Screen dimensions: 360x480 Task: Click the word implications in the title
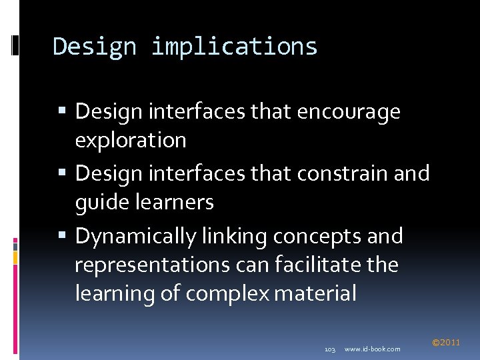coord(235,47)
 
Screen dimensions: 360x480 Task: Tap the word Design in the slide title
coord(94,47)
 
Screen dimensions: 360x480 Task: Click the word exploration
coord(131,140)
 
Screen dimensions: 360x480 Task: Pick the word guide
coord(97,202)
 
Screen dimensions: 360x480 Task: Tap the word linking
coord(237,236)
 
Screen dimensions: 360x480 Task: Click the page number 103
coord(329,349)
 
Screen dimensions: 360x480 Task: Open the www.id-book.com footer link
coord(373,349)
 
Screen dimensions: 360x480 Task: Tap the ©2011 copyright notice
coord(446,343)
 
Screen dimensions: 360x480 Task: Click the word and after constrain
coord(411,173)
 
